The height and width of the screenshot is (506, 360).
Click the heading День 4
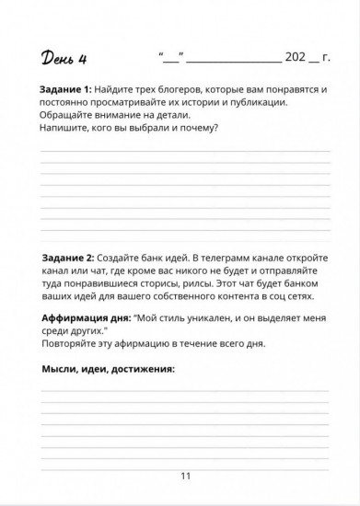coord(62,62)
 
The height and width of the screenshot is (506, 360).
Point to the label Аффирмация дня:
coord(86,316)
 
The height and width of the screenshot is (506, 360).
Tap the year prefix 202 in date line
coord(296,57)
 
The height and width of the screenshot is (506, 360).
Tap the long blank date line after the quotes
coord(236,59)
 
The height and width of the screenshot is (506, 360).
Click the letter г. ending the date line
coord(325,57)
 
